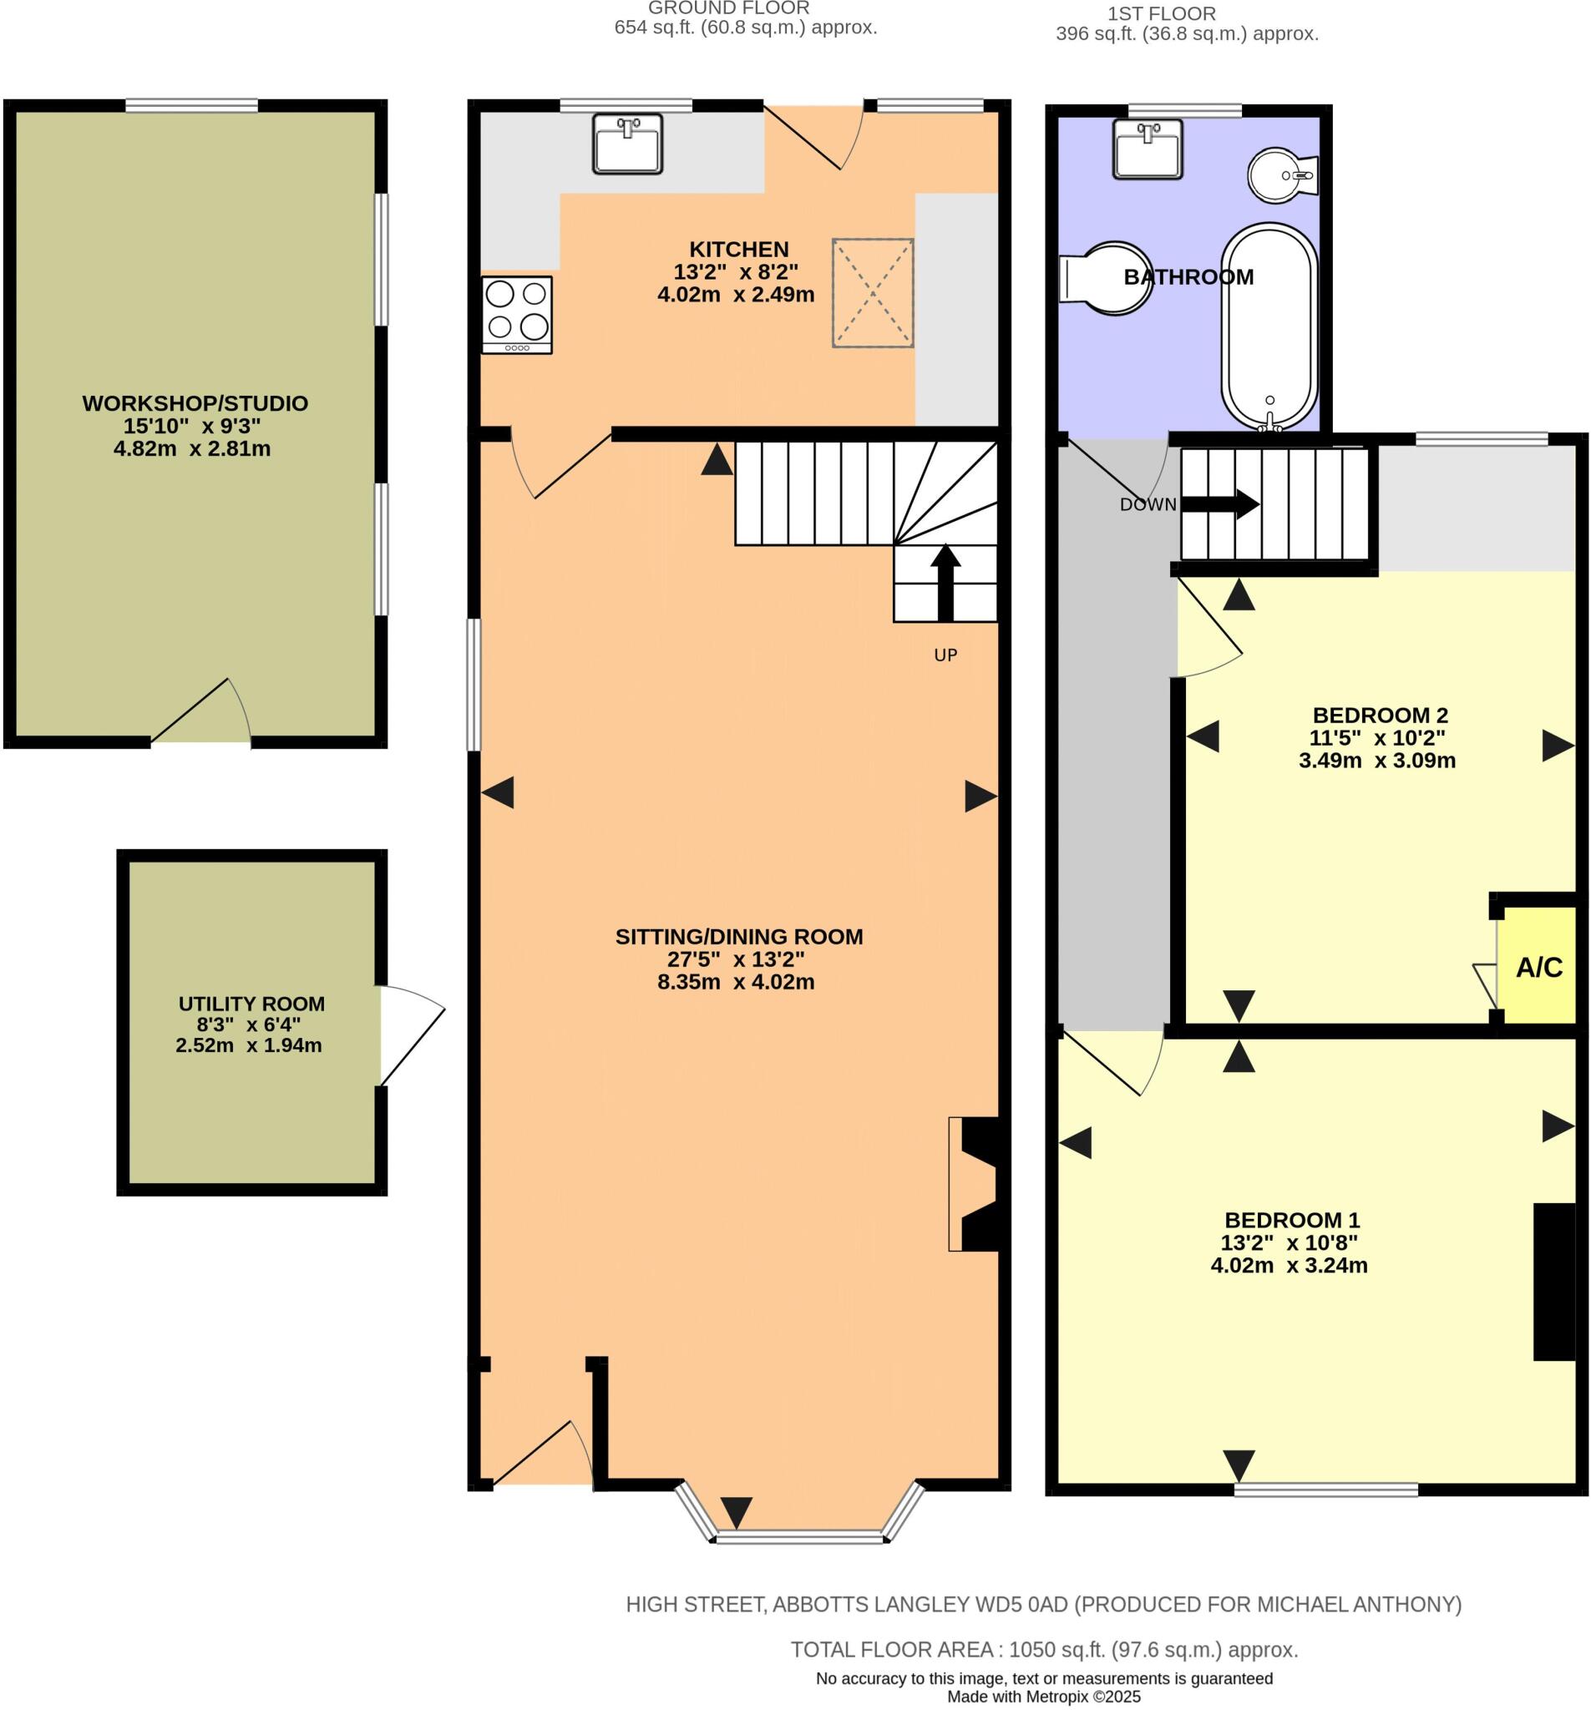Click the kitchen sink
626,143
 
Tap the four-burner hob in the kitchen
516,314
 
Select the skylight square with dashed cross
872,292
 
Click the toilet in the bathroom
1106,277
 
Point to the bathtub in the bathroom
1268,326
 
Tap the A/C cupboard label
1538,967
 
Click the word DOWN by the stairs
1147,505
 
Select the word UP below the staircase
945,655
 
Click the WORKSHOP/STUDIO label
195,402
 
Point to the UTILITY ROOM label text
251,1003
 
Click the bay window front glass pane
799,1536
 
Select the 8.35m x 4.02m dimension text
735,981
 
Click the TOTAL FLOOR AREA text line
1043,1649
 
